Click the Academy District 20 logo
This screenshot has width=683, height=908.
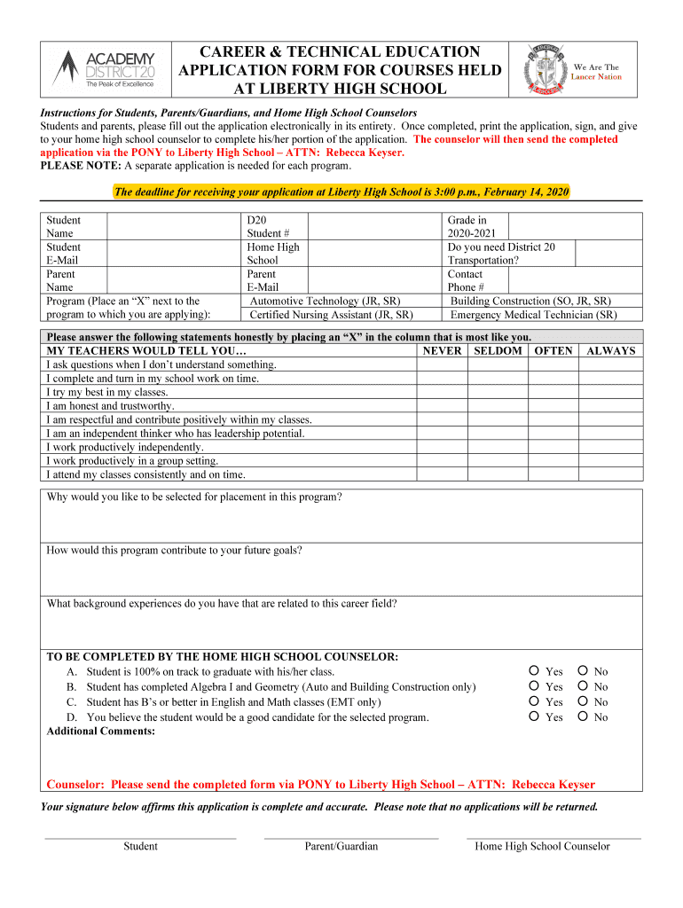point(103,68)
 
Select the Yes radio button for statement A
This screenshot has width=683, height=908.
point(534,671)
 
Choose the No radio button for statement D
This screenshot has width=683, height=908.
point(583,716)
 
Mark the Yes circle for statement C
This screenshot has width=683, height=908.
point(534,701)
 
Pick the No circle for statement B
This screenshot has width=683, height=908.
point(583,686)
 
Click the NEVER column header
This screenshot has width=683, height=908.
point(442,351)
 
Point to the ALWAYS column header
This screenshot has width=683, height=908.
point(610,351)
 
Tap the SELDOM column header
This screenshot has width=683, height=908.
point(498,351)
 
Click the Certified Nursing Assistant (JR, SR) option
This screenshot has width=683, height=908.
point(331,315)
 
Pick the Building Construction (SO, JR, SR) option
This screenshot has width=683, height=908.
point(530,301)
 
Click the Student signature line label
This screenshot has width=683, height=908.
point(140,846)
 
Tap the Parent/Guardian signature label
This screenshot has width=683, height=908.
point(341,846)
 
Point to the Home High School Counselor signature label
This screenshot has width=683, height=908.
point(542,846)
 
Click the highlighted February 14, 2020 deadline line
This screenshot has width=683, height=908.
point(341,192)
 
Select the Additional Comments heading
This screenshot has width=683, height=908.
point(100,732)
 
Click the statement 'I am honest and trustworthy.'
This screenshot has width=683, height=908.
point(110,406)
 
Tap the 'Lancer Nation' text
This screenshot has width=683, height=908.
point(596,77)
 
